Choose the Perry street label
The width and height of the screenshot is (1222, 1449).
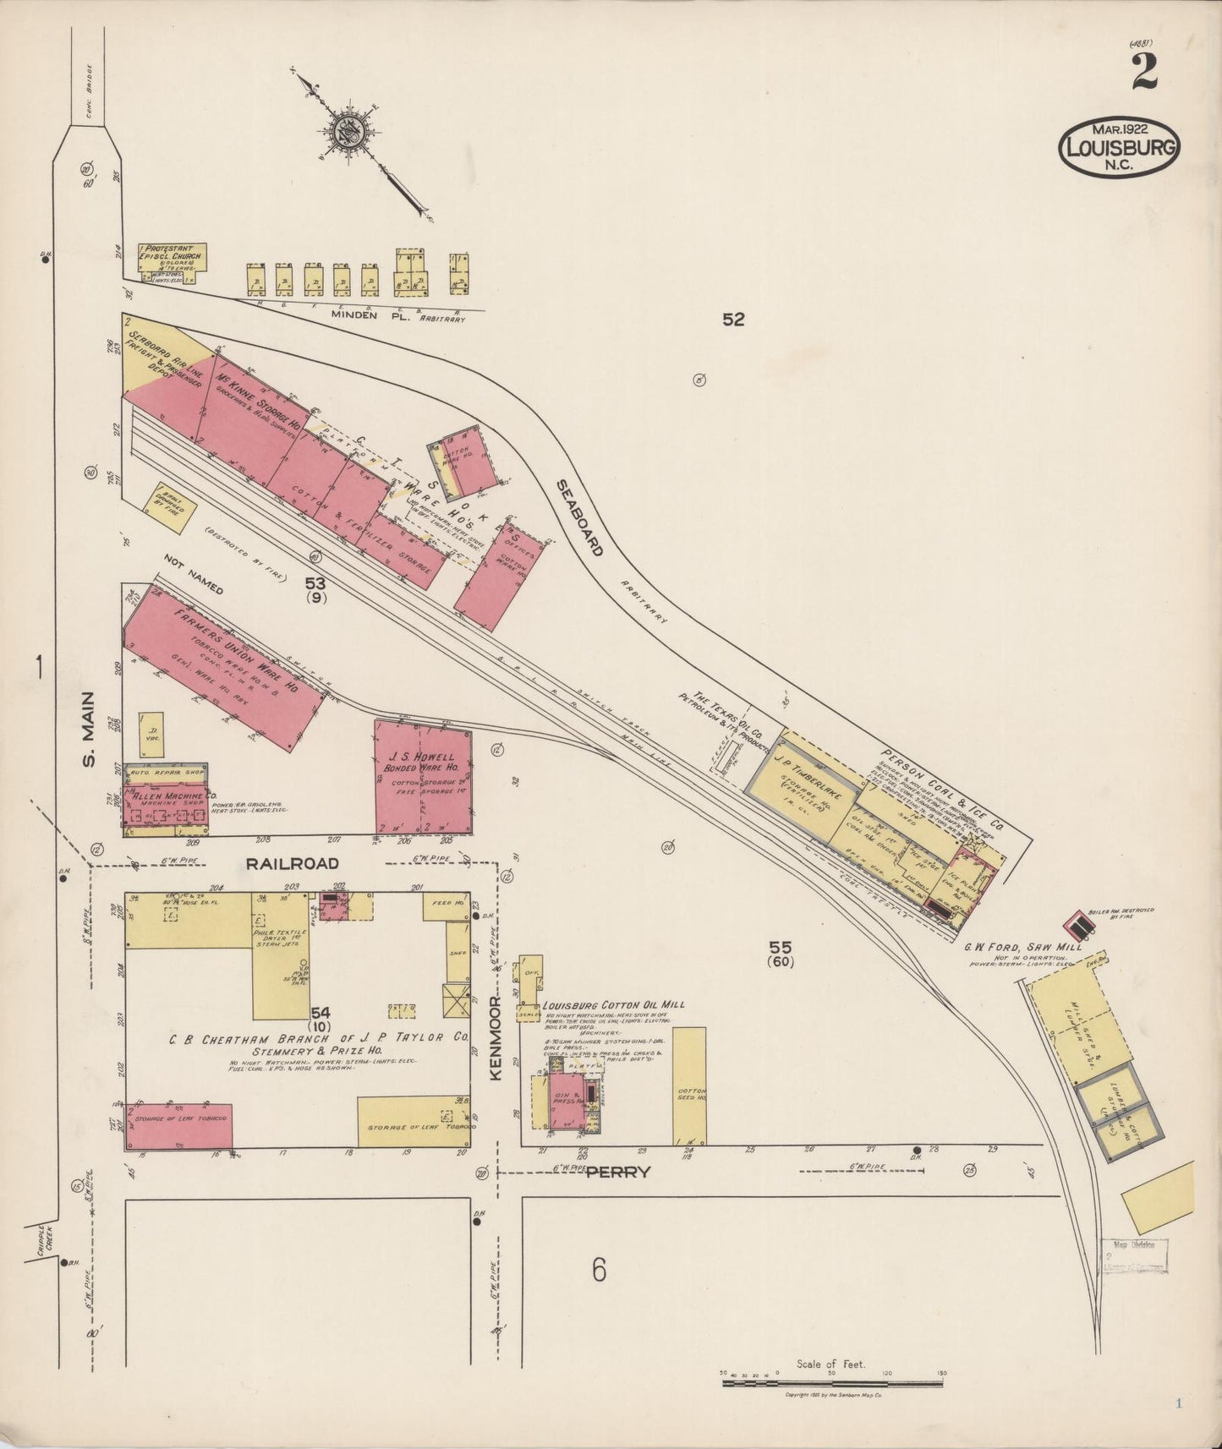pos(619,1173)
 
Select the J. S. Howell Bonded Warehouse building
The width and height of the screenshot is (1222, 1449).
pos(423,777)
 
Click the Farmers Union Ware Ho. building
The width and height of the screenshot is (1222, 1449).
pos(224,666)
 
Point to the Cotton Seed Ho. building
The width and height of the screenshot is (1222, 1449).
pos(689,1085)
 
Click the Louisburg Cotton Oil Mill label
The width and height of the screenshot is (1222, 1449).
pos(613,1005)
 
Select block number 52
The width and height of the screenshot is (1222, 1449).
pos(733,320)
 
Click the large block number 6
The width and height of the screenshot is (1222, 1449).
pos(599,1270)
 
